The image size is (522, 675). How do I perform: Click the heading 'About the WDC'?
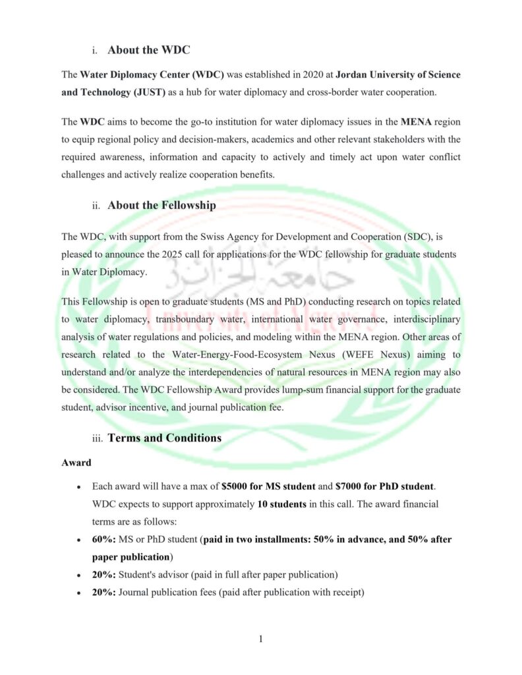click(x=149, y=49)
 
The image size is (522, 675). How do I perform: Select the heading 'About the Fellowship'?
click(x=161, y=205)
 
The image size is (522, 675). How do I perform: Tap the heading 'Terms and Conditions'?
click(x=164, y=438)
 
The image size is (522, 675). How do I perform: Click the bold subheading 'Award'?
click(x=76, y=463)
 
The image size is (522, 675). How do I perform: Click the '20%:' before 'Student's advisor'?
click(x=104, y=574)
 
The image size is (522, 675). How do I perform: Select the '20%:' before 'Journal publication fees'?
click(x=104, y=592)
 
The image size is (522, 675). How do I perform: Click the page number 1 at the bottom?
click(x=261, y=638)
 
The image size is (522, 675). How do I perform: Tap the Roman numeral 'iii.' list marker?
click(x=99, y=438)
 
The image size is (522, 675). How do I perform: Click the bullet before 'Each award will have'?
click(x=78, y=487)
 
